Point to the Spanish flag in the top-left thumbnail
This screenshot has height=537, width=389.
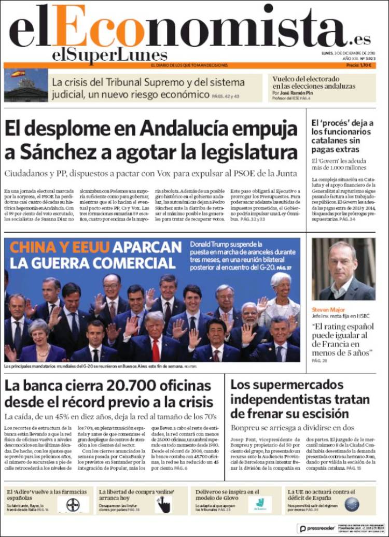point(18,74)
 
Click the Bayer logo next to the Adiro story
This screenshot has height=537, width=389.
point(73,504)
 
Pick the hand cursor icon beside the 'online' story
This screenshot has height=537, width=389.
point(164,504)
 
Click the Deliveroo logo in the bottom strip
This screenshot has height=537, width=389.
point(259,504)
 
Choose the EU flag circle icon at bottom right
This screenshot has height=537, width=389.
point(352,504)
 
